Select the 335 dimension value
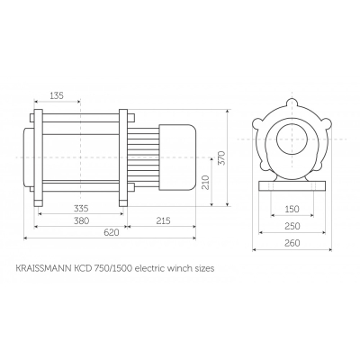[x=81, y=209]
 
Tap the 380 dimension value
[x=81, y=220]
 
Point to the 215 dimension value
[x=163, y=220]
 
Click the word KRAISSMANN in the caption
[x=43, y=266]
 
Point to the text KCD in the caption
[x=84, y=266]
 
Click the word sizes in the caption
[x=201, y=266]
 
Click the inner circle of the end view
[x=292, y=141]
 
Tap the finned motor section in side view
[x=144, y=162]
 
